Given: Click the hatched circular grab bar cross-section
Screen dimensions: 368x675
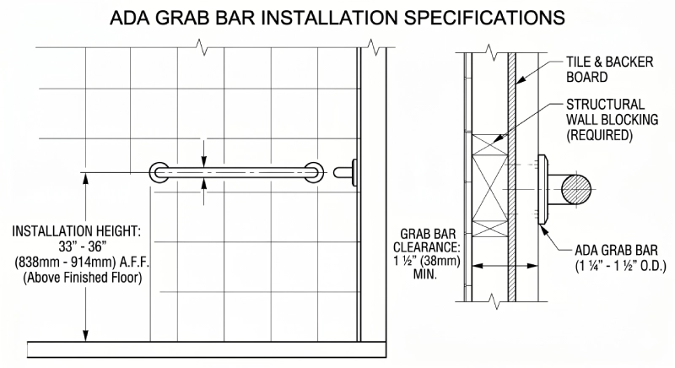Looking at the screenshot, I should tap(573, 185).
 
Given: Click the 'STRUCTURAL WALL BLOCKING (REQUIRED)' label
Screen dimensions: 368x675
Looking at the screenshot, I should tap(604, 118).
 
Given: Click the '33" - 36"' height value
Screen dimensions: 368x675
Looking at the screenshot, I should tap(74, 246).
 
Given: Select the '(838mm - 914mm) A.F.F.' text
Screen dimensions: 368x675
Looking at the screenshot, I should tap(74, 262).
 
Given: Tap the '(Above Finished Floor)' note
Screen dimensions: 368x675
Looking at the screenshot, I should tap(74, 277).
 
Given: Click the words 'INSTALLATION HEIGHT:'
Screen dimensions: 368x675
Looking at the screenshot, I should tap(74, 230).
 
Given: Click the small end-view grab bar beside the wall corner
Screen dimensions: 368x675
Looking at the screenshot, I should tap(345, 173).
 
